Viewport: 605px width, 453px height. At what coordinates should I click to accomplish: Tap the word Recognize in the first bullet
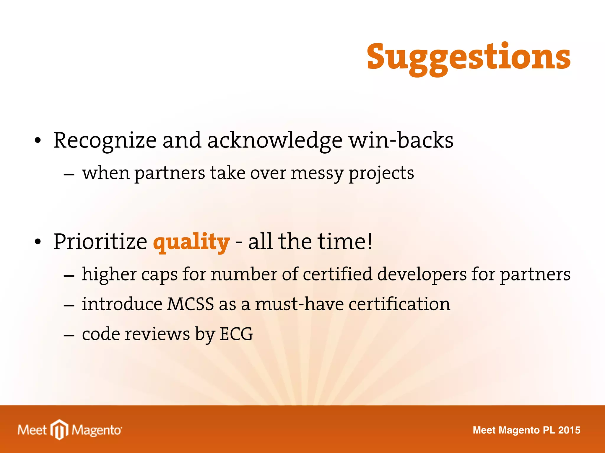[105, 141]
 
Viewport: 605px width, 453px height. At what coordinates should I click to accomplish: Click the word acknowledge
[275, 141]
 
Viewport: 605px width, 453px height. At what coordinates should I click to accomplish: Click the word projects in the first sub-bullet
[381, 174]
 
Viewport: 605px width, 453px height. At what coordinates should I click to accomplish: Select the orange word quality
[191, 242]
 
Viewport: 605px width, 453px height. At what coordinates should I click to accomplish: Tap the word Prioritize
[100, 242]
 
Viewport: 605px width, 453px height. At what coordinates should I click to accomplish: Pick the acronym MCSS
[190, 304]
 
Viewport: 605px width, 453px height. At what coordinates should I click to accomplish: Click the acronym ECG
[236, 334]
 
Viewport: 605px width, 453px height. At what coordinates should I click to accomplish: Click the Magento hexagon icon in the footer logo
[59, 429]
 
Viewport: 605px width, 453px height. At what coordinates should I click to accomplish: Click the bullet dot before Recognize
[37, 141]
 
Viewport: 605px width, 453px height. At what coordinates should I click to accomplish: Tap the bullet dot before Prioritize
[37, 242]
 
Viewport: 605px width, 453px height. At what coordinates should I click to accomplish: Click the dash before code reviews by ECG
[69, 335]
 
